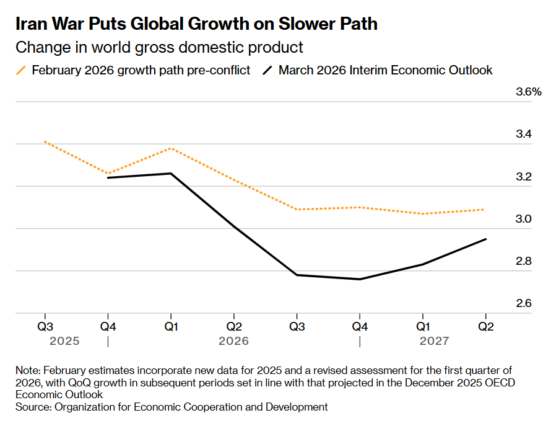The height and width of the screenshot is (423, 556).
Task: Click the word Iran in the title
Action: [32, 24]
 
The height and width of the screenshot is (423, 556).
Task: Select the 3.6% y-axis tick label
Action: [529, 92]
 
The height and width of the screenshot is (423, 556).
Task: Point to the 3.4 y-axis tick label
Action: [524, 135]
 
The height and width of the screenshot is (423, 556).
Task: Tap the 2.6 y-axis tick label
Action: [524, 304]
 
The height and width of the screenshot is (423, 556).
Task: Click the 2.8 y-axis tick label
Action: [524, 261]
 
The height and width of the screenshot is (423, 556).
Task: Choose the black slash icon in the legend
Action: [267, 70]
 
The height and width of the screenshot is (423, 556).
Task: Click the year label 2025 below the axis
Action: [64, 341]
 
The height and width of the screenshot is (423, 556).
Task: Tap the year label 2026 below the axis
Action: [233, 341]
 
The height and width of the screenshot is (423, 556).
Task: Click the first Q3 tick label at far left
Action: [45, 326]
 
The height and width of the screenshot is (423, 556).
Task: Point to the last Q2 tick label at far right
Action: [486, 326]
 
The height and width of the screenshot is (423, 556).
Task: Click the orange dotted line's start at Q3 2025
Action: [45, 142]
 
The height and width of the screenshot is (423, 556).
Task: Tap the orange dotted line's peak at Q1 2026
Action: [171, 148]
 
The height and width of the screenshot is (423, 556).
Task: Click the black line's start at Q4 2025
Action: [108, 178]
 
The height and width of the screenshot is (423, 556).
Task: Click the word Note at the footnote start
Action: [27, 370]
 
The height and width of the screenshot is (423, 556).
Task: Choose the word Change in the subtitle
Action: [36, 47]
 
